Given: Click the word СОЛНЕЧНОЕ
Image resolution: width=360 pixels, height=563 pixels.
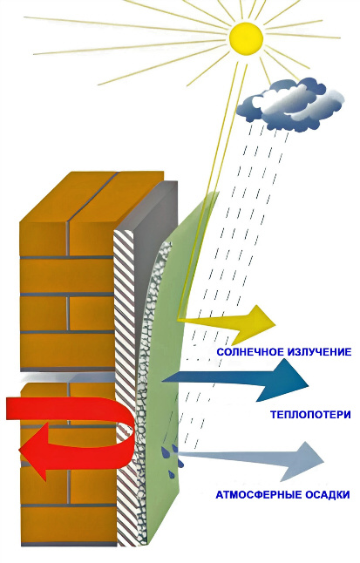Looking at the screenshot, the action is [x=250, y=352].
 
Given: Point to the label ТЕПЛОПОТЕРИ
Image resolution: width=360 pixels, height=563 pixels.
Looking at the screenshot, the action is [x=310, y=415].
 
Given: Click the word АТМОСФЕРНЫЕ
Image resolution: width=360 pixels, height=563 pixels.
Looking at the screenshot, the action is [x=258, y=494].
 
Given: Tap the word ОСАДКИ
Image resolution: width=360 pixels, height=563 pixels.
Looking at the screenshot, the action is [x=327, y=494].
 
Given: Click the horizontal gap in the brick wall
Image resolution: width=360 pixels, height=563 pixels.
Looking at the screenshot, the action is [x=68, y=377].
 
